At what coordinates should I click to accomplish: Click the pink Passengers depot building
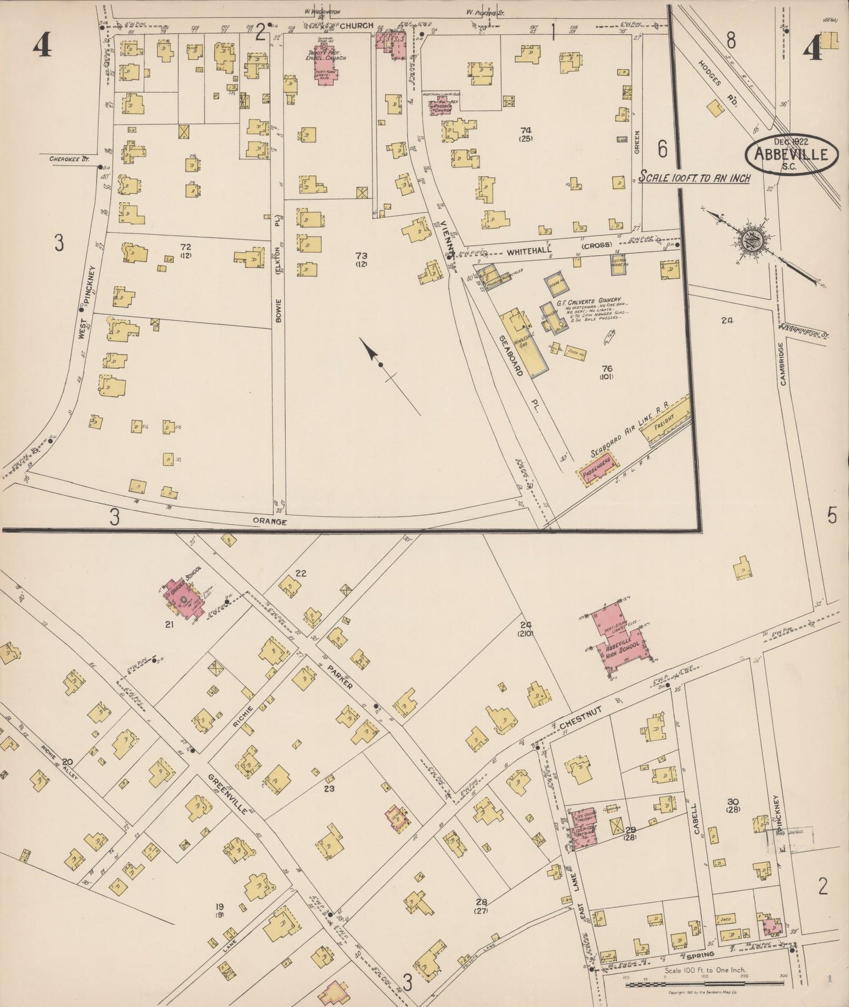coord(599,471)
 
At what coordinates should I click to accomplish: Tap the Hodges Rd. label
coord(717,81)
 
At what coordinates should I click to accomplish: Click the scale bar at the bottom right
coord(705,983)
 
